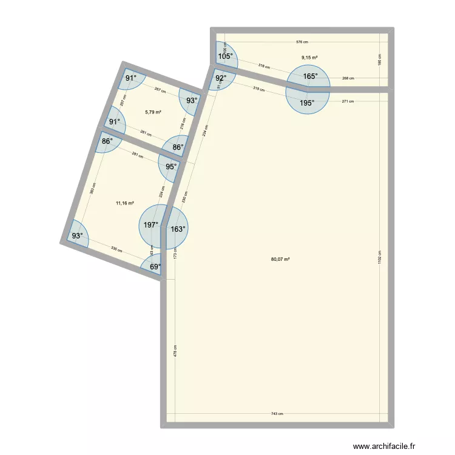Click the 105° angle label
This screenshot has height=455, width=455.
pyautogui.click(x=225, y=56)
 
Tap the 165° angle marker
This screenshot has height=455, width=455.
pyautogui.click(x=310, y=76)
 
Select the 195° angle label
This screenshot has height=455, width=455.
pyautogui.click(x=307, y=103)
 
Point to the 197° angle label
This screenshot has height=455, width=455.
pyautogui.click(x=151, y=225)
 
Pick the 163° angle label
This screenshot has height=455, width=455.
pyautogui.click(x=178, y=229)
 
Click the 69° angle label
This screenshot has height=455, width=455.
pyautogui.click(x=155, y=266)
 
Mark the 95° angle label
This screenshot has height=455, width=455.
pyautogui.click(x=172, y=167)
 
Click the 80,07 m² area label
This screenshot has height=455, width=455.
pyautogui.click(x=280, y=259)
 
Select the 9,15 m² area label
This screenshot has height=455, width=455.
pyautogui.click(x=309, y=58)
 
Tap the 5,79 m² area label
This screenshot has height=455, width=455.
pyautogui.click(x=153, y=112)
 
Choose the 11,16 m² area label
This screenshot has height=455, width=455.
pyautogui.click(x=125, y=204)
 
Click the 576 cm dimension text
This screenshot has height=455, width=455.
pyautogui.click(x=302, y=42)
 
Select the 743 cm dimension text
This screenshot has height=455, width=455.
pyautogui.click(x=277, y=414)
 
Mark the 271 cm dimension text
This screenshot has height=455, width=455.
pyautogui.click(x=348, y=101)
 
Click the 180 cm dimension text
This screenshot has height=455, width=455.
pyautogui.click(x=380, y=59)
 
